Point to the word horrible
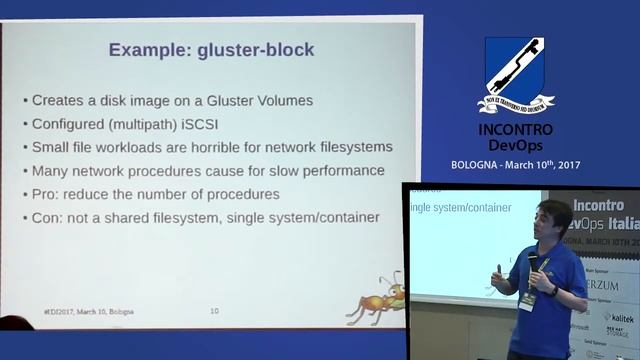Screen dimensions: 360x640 click(x=225, y=147)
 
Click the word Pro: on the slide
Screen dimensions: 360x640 click(x=49, y=194)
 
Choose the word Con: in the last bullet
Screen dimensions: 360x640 click(x=51, y=217)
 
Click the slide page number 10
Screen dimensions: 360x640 click(x=214, y=311)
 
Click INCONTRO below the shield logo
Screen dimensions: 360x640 click(x=515, y=130)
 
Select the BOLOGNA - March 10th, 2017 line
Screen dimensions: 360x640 click(x=515, y=164)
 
